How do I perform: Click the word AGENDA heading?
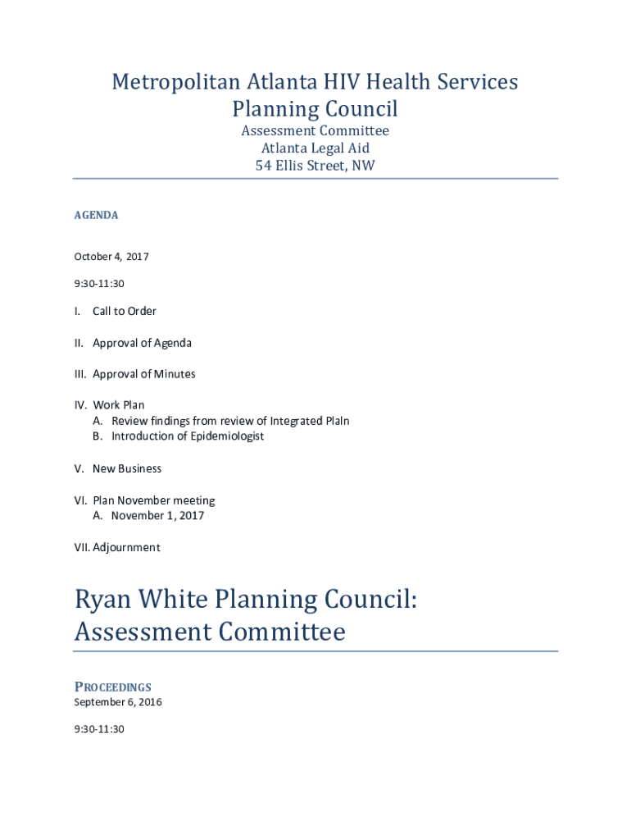[x=97, y=215]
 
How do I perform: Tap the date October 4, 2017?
[x=111, y=257]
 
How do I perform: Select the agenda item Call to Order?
[x=125, y=312]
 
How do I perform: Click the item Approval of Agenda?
[x=142, y=343]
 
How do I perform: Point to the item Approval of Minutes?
[x=144, y=374]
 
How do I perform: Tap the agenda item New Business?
[x=127, y=468]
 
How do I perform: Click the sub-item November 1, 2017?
[x=158, y=516]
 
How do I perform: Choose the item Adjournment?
[x=126, y=547]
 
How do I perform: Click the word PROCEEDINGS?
[x=113, y=687]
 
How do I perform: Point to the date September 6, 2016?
[x=118, y=702]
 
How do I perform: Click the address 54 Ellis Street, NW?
[x=315, y=166]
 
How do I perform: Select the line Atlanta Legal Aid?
[x=315, y=148]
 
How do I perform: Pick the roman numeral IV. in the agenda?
[x=81, y=405]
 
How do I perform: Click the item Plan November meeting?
[x=154, y=500]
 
